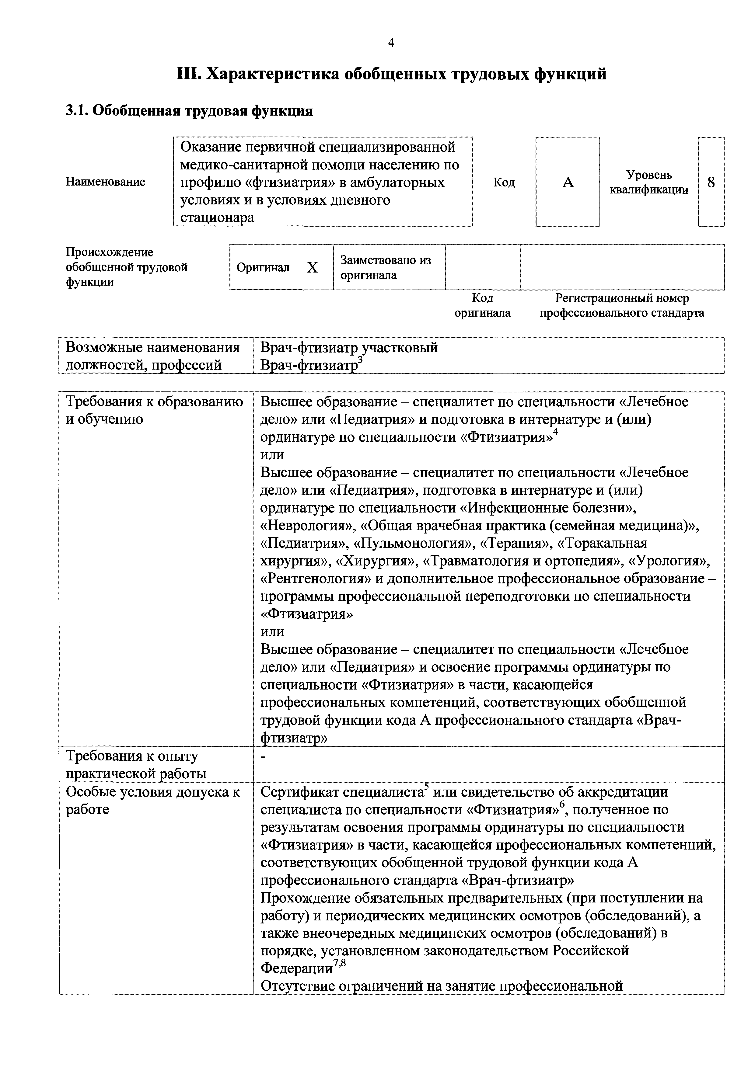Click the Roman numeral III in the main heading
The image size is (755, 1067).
click(188, 74)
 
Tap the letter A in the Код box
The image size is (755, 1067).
click(568, 182)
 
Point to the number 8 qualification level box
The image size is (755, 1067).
click(711, 182)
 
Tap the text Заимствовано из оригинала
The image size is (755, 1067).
click(385, 268)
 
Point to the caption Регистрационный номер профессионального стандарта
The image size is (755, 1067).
click(622, 305)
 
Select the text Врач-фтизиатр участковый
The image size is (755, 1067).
click(349, 348)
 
